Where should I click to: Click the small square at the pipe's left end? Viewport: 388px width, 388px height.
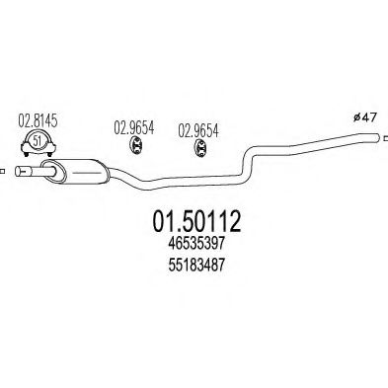tap(4, 175)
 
